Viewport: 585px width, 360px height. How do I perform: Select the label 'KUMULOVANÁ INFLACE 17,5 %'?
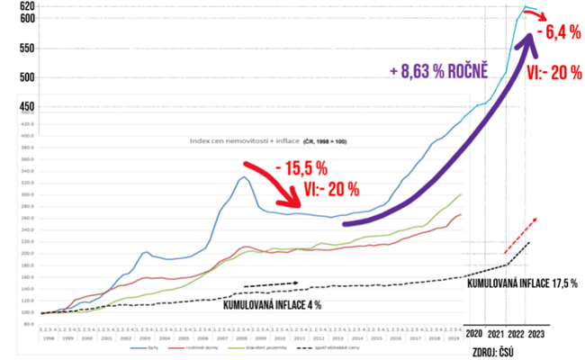click(522, 283)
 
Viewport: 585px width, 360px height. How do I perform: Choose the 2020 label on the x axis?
click(474, 332)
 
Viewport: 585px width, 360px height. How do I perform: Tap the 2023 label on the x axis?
click(536, 332)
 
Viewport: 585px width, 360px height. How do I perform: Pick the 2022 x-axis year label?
click(517, 332)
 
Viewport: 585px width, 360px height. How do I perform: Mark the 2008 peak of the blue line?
click(242, 177)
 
